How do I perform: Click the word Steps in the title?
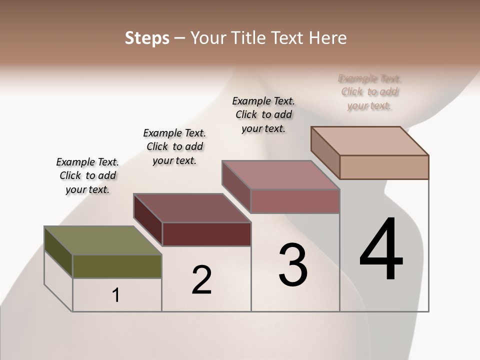click(147, 38)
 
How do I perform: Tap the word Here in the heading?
click(327, 38)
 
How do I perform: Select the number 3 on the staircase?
click(293, 265)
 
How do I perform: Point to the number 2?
click(201, 280)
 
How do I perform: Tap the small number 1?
click(116, 295)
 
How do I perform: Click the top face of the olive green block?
click(102, 240)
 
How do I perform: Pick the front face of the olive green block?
click(117, 266)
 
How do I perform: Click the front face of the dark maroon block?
click(206, 234)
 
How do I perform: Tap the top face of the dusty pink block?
click(280, 174)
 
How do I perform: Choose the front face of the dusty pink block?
click(295, 201)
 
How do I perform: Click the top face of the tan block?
click(369, 140)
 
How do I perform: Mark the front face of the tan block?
click(384, 167)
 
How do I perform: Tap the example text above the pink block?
click(263, 115)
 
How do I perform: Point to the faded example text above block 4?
click(370, 92)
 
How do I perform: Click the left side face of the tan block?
click(325, 152)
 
